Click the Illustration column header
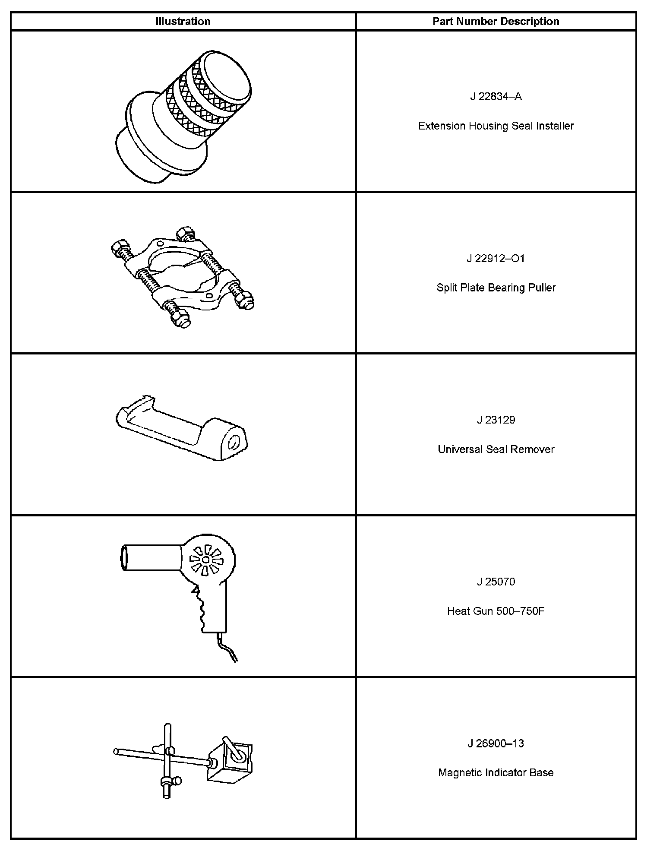click(x=183, y=21)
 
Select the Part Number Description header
click(x=496, y=21)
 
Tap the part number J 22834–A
click(x=496, y=96)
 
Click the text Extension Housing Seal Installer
click(x=496, y=126)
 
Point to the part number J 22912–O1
click(x=496, y=258)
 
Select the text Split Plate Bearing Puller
click(x=496, y=288)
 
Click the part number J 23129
click(x=496, y=420)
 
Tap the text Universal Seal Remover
click(x=496, y=449)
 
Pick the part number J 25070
click(x=496, y=582)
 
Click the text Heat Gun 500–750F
click(x=496, y=611)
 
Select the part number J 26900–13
click(x=496, y=743)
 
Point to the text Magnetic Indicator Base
click(x=496, y=772)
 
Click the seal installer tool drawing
click(x=183, y=117)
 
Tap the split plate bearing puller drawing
click(x=183, y=276)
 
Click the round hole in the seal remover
click(x=234, y=443)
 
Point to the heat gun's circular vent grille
click(x=206, y=560)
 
